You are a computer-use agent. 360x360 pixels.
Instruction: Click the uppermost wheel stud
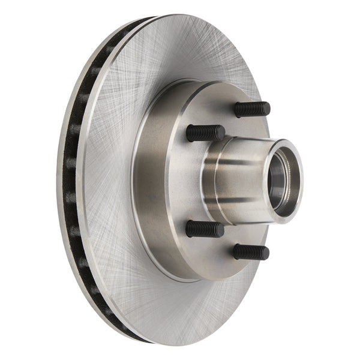[252, 109]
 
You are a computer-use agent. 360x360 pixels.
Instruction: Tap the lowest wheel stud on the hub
[251, 251]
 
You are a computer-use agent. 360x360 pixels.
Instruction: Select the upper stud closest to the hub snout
[205, 133]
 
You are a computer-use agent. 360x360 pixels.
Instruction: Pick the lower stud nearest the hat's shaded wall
[204, 229]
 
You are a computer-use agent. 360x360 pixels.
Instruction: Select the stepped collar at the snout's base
[210, 180]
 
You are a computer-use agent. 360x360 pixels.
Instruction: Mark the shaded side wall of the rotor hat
[147, 180]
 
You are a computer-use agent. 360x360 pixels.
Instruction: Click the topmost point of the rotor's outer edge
[180, 15]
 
